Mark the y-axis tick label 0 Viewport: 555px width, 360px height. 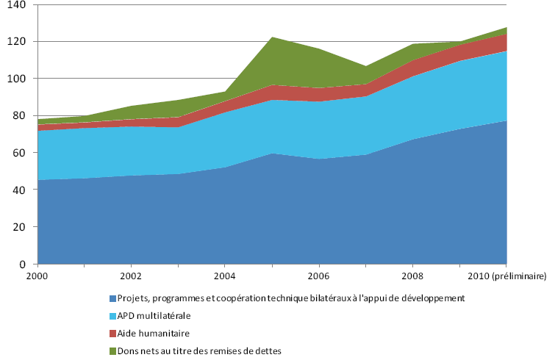click(23, 264)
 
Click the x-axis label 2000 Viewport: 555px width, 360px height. click(37, 276)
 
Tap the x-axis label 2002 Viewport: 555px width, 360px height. click(131, 276)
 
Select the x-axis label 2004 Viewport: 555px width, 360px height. click(224, 276)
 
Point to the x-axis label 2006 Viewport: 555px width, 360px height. click(318, 276)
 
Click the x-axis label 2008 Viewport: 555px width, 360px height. click(412, 276)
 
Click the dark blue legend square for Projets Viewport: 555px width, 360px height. click(112, 298)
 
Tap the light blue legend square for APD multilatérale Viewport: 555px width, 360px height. click(112, 315)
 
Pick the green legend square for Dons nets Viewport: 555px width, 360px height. click(112, 350)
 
